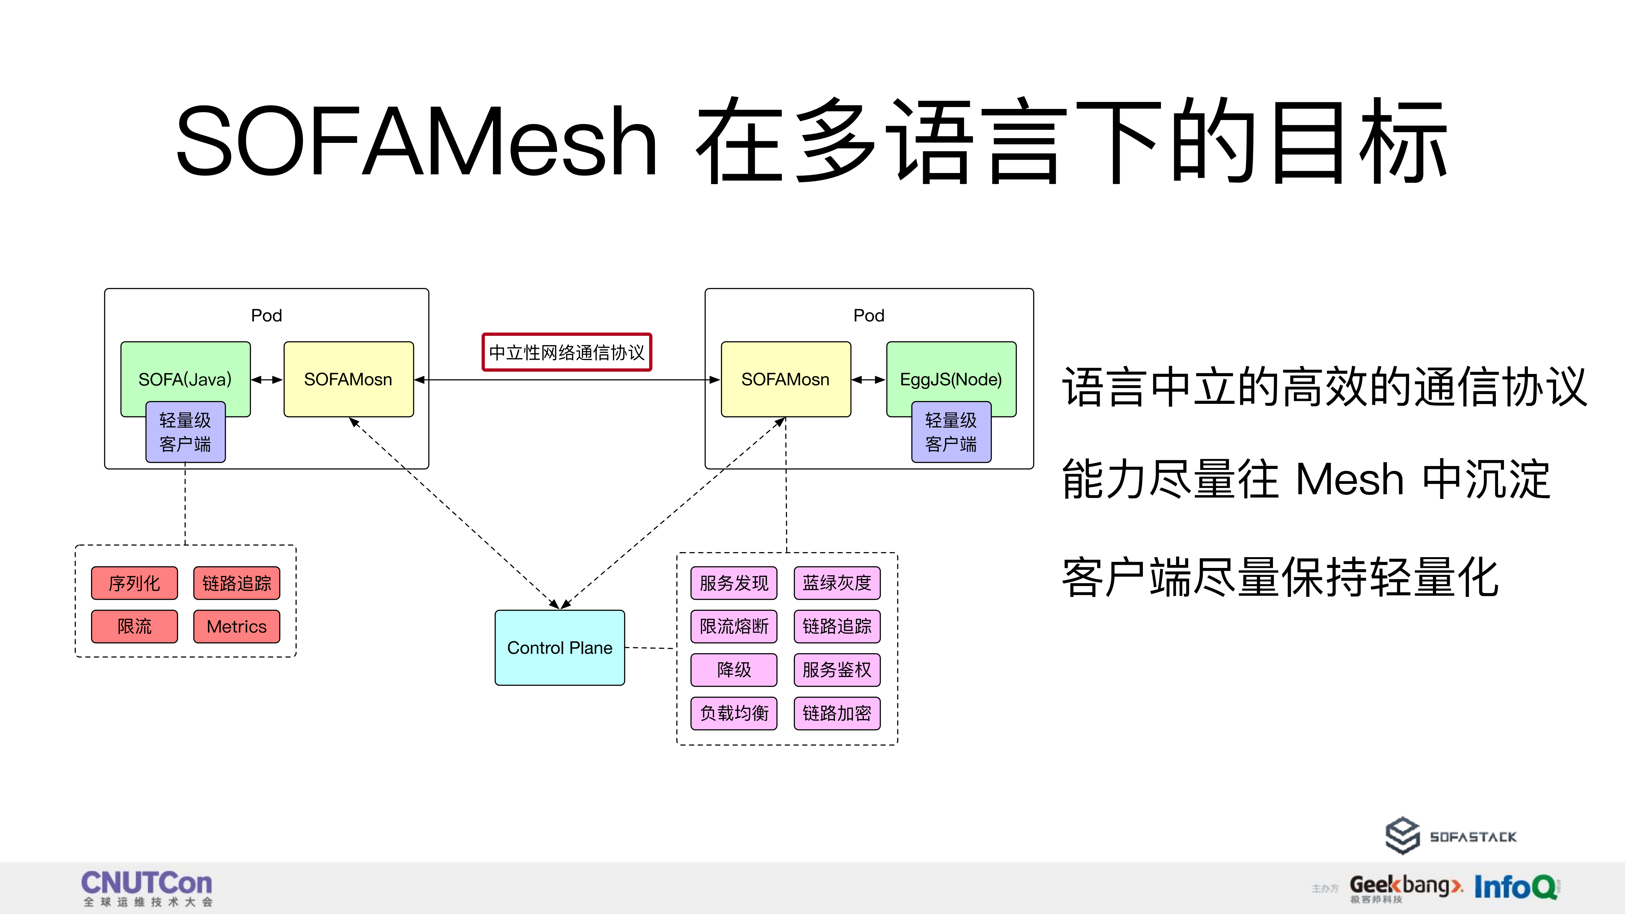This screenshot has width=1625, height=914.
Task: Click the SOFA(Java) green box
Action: (x=185, y=372)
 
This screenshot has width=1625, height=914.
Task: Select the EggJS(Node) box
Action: (x=951, y=372)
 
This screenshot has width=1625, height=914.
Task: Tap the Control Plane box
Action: (x=560, y=648)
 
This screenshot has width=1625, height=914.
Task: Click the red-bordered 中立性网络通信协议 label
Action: (x=566, y=352)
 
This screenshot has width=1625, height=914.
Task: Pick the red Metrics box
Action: (x=236, y=626)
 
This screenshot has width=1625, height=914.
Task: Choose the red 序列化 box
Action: (x=134, y=583)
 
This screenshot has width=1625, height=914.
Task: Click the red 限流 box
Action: (x=134, y=626)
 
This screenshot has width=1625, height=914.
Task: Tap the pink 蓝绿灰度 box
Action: (x=836, y=583)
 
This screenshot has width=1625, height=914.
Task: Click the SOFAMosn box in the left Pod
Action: (x=348, y=379)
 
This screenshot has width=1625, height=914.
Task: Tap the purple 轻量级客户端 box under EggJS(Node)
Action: (x=951, y=432)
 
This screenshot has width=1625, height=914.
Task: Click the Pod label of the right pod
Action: (x=869, y=315)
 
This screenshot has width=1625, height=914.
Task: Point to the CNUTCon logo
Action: (x=147, y=888)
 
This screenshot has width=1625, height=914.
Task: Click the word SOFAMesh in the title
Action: (x=416, y=141)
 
